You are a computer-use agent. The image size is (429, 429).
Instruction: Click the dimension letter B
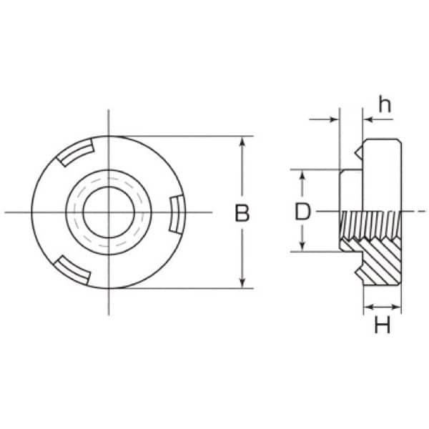[242, 212]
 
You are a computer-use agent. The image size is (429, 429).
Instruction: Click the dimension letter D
[302, 212]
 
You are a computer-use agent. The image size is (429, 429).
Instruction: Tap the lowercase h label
[385, 104]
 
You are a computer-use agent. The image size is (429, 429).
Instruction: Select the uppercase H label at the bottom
[383, 325]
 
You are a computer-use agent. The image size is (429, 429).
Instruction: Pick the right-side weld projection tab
[177, 214]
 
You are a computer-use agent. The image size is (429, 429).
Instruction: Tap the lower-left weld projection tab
[72, 270]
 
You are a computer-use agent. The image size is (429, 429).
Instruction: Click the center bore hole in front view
[109, 212]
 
